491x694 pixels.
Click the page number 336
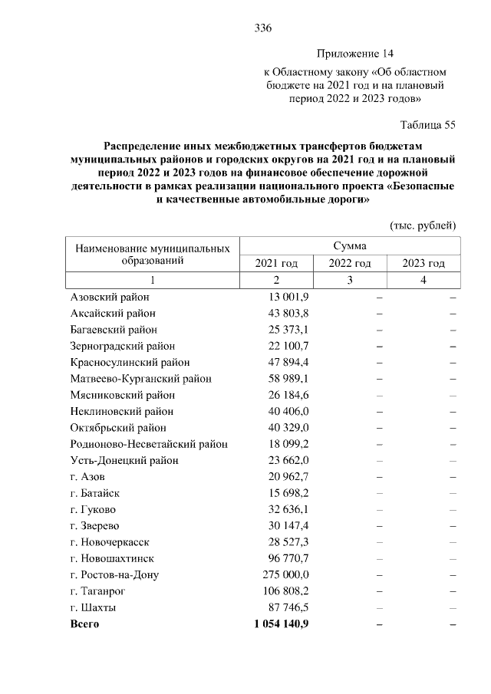pyautogui.click(x=263, y=28)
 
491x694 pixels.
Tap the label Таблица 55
pyautogui.click(x=428, y=125)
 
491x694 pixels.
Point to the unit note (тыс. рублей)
pyautogui.click(x=423, y=225)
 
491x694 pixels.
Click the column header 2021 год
pyautogui.click(x=276, y=263)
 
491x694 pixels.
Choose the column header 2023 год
pyautogui.click(x=423, y=263)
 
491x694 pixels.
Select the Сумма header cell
pyautogui.click(x=350, y=246)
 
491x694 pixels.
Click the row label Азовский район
pyautogui.click(x=110, y=297)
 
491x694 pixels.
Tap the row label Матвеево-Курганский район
pyautogui.click(x=141, y=378)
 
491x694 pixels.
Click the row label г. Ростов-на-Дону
pyautogui.click(x=116, y=574)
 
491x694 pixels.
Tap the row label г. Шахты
pyautogui.click(x=93, y=607)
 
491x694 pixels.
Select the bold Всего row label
pyautogui.click(x=84, y=624)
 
